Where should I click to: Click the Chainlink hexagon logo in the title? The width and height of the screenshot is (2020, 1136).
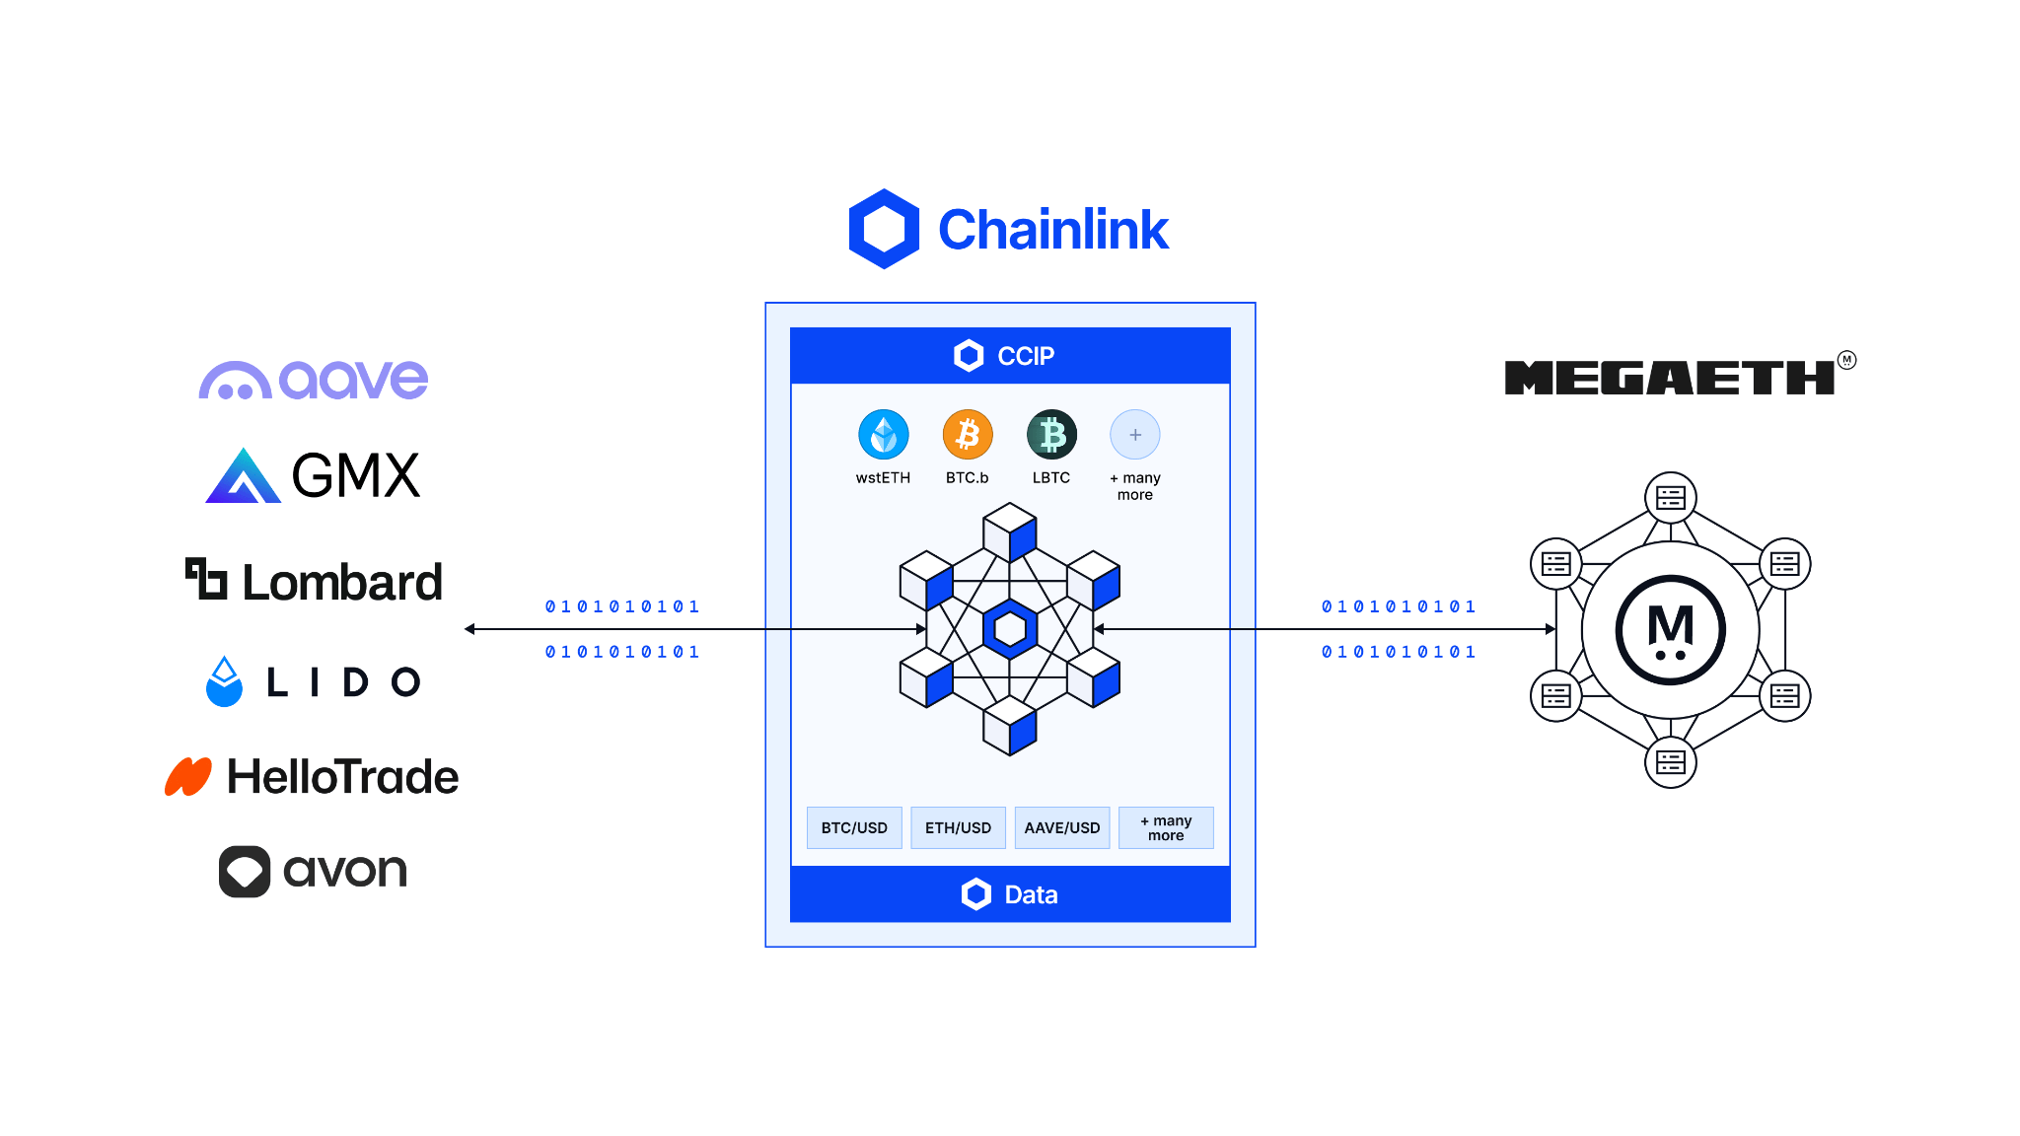click(x=884, y=229)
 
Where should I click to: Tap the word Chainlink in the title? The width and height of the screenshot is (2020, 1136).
click(x=1052, y=230)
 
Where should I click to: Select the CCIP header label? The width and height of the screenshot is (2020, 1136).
click(x=1025, y=356)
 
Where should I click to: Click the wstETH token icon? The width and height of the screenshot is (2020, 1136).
click(x=883, y=435)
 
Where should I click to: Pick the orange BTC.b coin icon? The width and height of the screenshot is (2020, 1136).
click(x=968, y=435)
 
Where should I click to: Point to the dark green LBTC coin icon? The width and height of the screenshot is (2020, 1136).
click(x=1051, y=435)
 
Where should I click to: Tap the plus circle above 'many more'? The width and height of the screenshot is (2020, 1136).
click(x=1135, y=435)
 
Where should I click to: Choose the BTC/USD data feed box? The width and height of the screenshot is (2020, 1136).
click(x=854, y=827)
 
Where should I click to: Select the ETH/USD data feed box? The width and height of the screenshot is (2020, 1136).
click(x=958, y=827)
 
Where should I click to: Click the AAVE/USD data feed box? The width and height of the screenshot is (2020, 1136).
click(x=1062, y=827)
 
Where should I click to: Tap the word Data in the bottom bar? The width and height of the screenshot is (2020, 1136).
click(x=1031, y=894)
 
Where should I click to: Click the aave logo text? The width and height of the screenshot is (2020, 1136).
click(x=353, y=380)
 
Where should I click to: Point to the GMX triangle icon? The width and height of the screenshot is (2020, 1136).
click(x=243, y=476)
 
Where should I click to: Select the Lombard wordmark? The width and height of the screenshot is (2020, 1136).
click(x=341, y=582)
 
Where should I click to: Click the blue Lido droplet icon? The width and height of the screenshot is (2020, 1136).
click(x=224, y=681)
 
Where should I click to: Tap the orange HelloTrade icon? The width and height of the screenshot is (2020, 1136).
click(x=187, y=777)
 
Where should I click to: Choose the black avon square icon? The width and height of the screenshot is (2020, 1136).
click(x=244, y=872)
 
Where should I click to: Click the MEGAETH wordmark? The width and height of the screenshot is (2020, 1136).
click(x=1669, y=378)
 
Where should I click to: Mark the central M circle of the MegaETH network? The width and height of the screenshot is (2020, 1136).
click(x=1670, y=630)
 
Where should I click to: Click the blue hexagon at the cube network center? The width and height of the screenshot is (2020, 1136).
click(x=1010, y=629)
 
